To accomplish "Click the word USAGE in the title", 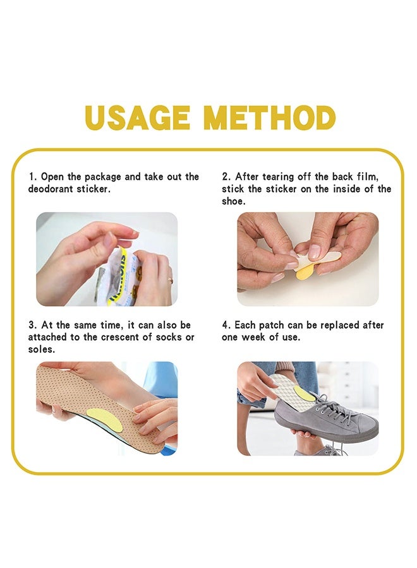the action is (138, 118).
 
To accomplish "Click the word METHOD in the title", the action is (269, 118).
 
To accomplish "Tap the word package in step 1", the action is (102, 177).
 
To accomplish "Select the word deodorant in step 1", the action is (51, 189).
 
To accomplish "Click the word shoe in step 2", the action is (234, 201).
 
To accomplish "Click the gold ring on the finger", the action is (170, 280).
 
